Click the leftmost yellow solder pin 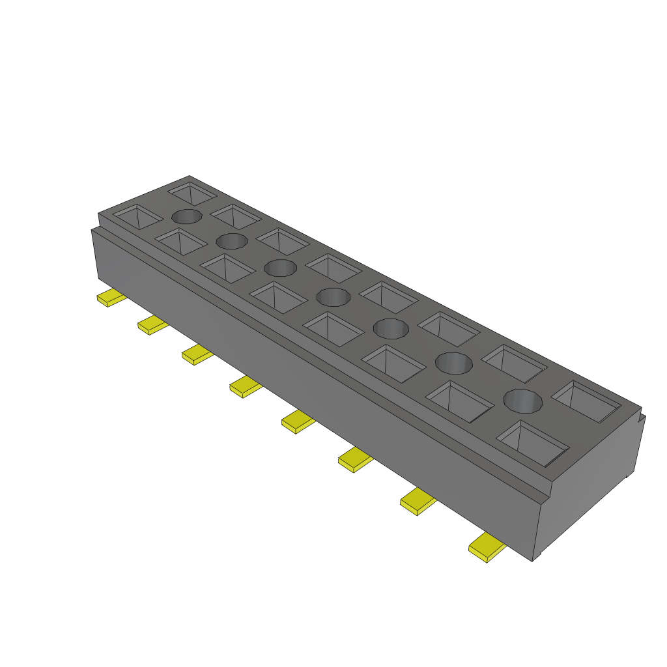111,298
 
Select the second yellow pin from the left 152,324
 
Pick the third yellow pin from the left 197,354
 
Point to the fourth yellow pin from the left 245,387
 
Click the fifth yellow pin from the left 298,422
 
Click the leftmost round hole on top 186,217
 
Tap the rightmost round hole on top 523,401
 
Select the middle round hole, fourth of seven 333,297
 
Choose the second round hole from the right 454,362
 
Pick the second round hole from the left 232,241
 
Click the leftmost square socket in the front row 137,216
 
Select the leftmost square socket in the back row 192,193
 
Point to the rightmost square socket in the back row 586,401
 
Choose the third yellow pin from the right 356,461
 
